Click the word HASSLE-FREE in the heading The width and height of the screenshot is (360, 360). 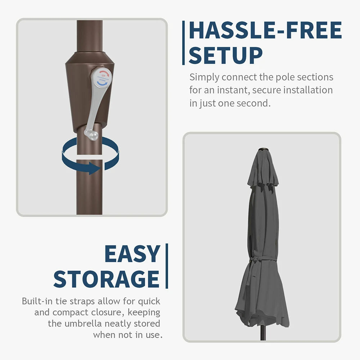(265, 30)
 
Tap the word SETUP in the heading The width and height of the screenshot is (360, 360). (225, 55)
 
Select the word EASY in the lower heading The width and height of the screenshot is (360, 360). (132, 253)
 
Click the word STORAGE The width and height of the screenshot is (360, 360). (106, 279)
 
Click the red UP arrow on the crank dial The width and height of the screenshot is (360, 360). (104, 74)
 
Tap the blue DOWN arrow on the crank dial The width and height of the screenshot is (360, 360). (102, 83)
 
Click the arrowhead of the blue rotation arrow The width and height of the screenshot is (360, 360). (94, 168)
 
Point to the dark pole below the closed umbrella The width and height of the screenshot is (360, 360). (263, 333)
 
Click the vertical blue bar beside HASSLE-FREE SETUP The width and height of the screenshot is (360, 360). (183, 43)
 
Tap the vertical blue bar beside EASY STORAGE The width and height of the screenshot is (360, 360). (167, 266)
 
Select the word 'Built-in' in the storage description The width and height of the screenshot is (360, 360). (37, 301)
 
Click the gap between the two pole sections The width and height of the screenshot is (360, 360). (89, 157)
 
